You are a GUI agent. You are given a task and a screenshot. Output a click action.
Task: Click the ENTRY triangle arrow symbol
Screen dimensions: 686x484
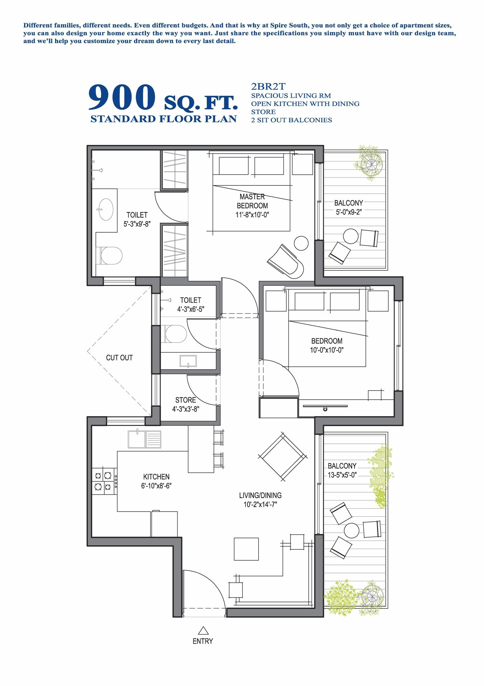tap(203, 631)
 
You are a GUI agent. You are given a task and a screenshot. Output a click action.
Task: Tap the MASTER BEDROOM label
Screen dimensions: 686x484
tap(252, 201)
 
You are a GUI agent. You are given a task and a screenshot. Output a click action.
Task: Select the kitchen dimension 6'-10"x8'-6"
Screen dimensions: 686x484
tap(156, 486)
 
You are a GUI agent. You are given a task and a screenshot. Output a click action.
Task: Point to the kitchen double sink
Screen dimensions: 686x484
tap(144, 439)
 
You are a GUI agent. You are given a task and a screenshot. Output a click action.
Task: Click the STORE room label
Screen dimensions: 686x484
tap(186, 400)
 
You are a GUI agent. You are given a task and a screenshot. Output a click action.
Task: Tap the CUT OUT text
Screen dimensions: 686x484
tap(119, 357)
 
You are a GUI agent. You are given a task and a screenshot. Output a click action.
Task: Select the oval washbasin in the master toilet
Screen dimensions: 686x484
tap(105, 209)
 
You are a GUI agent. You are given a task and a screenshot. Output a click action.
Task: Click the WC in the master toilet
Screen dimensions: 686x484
tap(111, 256)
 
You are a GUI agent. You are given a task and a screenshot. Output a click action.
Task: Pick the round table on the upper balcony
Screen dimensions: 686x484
tap(351, 236)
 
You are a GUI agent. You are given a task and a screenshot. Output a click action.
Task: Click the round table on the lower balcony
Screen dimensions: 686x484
tap(351, 531)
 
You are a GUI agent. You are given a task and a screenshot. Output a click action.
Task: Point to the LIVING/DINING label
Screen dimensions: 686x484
tap(260, 495)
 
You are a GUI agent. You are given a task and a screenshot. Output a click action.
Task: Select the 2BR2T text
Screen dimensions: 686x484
tap(268, 87)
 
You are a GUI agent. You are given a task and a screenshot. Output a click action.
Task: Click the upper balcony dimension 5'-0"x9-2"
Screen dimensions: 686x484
tap(349, 212)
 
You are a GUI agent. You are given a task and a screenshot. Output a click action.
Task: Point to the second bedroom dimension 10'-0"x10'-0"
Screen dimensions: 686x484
tap(327, 350)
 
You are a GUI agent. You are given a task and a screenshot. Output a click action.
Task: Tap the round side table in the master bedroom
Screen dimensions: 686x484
tap(301, 243)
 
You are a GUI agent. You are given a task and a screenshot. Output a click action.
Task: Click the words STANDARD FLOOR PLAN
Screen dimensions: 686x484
tap(164, 119)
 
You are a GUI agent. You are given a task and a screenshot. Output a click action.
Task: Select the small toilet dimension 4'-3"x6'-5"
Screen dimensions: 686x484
tap(190, 309)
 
